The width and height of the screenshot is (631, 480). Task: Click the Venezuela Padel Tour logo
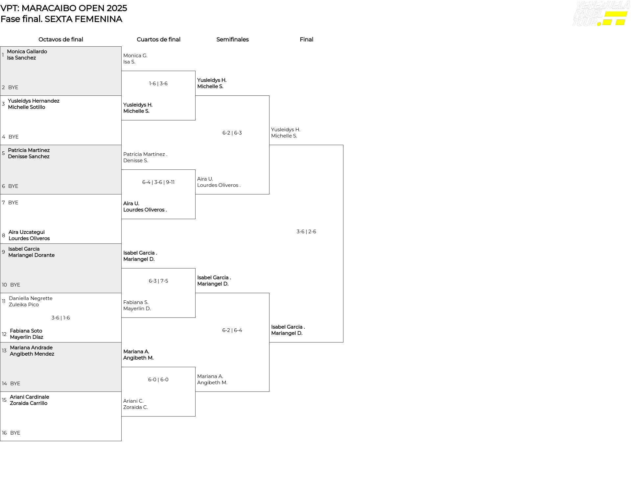601,14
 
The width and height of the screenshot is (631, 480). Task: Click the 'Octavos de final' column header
61,39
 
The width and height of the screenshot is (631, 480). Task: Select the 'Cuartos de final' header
158,39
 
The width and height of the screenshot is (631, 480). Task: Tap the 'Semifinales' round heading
232,39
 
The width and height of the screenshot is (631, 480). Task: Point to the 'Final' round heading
306,39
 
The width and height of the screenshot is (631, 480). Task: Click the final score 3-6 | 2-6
306,232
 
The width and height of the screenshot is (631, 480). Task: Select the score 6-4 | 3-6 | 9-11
158,182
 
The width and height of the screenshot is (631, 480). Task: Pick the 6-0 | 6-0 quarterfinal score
158,380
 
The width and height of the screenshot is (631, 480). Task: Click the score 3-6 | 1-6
61,318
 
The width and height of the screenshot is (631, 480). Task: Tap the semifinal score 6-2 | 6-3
232,133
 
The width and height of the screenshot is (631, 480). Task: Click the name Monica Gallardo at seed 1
27,52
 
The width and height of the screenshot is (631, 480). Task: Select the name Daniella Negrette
31,298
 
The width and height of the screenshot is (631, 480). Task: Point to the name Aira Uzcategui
27,232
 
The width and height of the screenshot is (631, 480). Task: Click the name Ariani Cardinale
29,397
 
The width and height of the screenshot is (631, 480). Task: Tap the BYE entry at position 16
15,433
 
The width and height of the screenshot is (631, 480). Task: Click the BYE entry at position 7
13,203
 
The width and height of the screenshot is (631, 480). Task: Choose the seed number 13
4,351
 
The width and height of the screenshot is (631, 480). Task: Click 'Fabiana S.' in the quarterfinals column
136,302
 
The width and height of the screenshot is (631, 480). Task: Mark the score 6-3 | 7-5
158,281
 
